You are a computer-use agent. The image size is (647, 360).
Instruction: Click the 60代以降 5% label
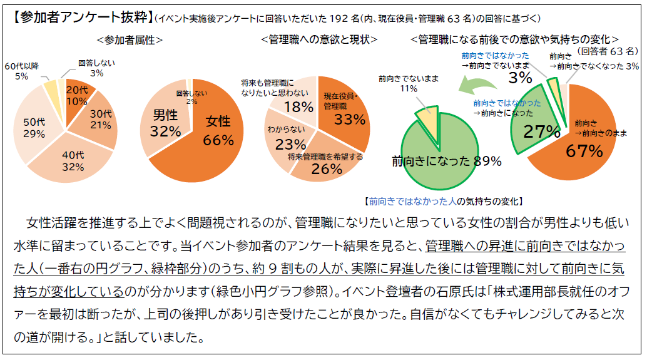coord(21,71)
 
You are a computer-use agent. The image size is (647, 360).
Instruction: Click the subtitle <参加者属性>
coord(130,39)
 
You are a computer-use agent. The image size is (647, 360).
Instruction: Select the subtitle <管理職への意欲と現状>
coord(319,39)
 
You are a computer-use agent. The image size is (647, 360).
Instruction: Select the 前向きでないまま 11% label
coord(409,84)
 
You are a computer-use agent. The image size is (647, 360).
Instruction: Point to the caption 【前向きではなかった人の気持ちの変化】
coord(443,202)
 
